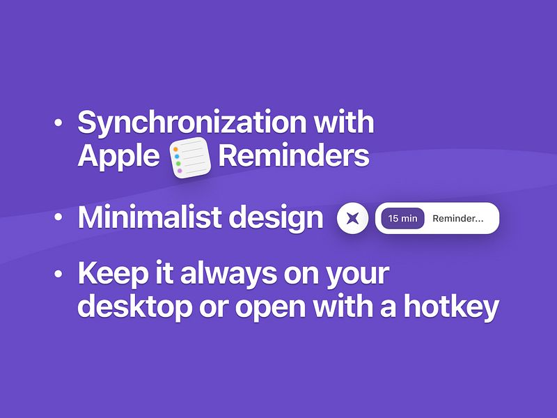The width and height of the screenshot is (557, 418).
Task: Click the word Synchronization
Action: [191, 123]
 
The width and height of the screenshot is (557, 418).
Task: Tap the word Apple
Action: [119, 156]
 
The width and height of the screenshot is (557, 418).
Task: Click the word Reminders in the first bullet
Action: [293, 156]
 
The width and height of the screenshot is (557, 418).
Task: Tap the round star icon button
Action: [352, 219]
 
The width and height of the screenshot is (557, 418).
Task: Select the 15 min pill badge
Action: [402, 219]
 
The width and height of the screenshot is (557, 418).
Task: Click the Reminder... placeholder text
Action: [457, 219]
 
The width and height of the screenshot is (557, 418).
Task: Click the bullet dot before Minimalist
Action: [59, 218]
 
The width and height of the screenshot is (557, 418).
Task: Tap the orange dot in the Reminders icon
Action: [177, 148]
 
